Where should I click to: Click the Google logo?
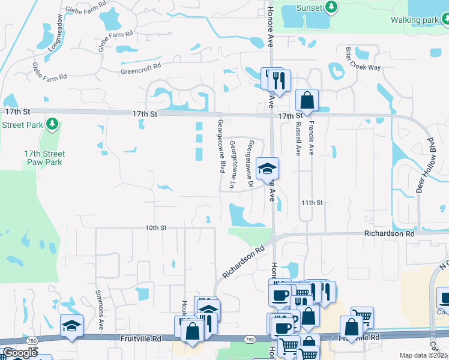pyautogui.click(x=20, y=353)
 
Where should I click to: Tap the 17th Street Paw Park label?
pyautogui.click(x=45, y=158)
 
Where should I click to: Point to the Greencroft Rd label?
pyautogui.click(x=142, y=68)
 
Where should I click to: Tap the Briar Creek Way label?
pyautogui.click(x=363, y=59)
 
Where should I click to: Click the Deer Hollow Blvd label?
pyautogui.click(x=425, y=164)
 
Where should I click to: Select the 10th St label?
pyautogui.click(x=155, y=228)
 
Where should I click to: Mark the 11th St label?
pyautogui.click(x=312, y=203)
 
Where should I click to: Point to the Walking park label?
pyautogui.click(x=414, y=20)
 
